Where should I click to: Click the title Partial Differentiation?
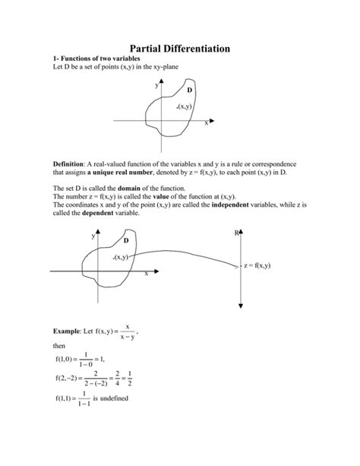[180, 48]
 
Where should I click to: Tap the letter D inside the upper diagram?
[190, 90]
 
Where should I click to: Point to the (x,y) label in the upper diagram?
[183, 106]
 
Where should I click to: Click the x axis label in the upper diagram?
[205, 124]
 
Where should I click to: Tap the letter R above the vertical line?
[236, 233]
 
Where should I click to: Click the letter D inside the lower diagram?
[126, 240]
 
